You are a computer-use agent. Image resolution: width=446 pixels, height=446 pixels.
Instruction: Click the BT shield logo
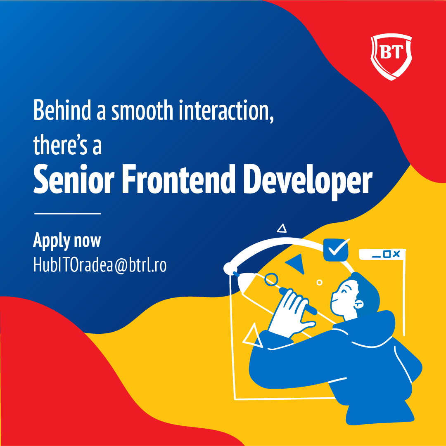[x=391, y=57]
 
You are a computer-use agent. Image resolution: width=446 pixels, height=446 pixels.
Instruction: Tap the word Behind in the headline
[x=62, y=110]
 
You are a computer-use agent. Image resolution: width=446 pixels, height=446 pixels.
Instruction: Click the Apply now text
[x=67, y=241]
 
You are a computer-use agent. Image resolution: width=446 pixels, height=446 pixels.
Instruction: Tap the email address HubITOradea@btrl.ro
[x=100, y=265]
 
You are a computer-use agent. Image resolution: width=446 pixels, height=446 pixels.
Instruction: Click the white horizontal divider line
[x=67, y=213]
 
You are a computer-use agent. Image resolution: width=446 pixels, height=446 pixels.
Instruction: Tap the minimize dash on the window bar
[x=376, y=257]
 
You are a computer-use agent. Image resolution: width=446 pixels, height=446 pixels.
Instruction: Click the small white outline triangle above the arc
[x=282, y=229]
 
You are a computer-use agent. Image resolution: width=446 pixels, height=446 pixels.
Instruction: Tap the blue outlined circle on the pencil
[x=271, y=280]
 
